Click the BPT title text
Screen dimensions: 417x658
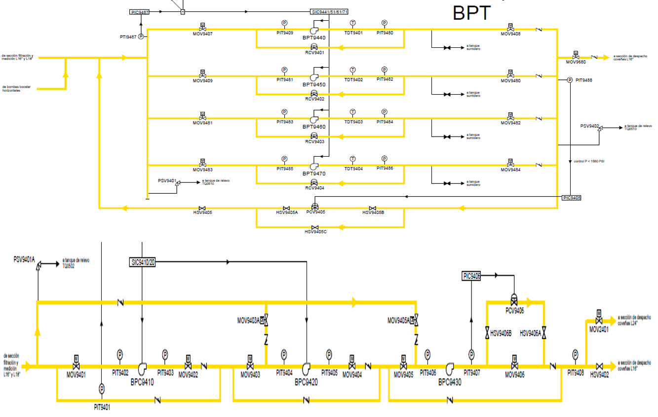tap(471, 13)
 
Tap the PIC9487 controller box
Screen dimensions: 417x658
tap(141, 11)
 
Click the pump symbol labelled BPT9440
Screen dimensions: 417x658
tap(314, 31)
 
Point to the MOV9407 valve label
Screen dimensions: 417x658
tap(202, 34)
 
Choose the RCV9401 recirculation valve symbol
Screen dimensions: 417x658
tap(314, 47)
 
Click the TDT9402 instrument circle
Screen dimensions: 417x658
tap(353, 70)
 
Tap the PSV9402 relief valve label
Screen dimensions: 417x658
tap(589, 126)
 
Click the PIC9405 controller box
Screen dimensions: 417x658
tap(572, 198)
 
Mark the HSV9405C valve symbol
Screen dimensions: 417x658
tap(314, 227)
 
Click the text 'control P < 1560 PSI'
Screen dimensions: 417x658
tap(589, 161)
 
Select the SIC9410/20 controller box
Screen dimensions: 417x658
tap(143, 262)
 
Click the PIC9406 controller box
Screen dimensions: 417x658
tap(471, 277)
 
